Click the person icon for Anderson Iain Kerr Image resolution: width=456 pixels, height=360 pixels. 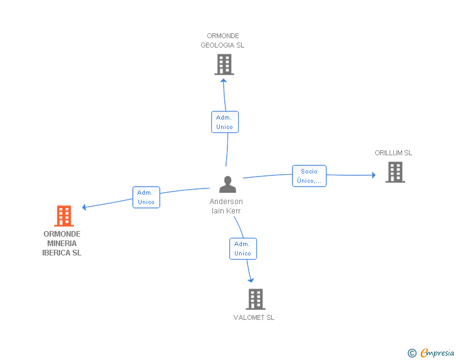(x=227, y=184)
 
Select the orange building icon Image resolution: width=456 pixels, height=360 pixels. (x=64, y=216)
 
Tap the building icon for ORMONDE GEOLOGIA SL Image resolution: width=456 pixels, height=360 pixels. (x=224, y=64)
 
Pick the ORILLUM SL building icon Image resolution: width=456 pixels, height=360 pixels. (x=395, y=172)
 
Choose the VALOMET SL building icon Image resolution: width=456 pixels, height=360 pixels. (x=256, y=299)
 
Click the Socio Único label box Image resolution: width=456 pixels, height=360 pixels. (x=309, y=176)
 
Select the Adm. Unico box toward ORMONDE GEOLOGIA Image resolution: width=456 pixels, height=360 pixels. (x=225, y=122)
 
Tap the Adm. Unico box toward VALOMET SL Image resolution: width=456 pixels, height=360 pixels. (x=243, y=249)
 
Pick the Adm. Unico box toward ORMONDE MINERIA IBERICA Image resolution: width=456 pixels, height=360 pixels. (x=147, y=197)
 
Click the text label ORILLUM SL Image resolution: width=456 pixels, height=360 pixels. (x=393, y=153)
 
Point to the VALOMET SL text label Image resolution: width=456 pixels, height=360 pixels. (x=254, y=317)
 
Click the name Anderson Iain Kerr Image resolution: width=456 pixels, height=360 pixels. (x=226, y=206)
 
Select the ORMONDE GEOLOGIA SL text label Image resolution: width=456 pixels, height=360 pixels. (x=222, y=41)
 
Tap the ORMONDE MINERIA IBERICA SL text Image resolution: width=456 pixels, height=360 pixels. (x=61, y=244)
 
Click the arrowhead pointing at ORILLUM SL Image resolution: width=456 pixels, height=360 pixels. (x=374, y=175)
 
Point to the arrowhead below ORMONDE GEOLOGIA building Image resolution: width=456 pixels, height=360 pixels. (x=224, y=81)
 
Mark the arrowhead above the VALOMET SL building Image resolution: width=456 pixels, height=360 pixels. (x=251, y=280)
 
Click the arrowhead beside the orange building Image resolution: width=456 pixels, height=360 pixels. (x=84, y=207)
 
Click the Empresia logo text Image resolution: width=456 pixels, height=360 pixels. (x=437, y=352)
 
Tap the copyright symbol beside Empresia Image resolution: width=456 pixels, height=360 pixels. (x=412, y=353)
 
